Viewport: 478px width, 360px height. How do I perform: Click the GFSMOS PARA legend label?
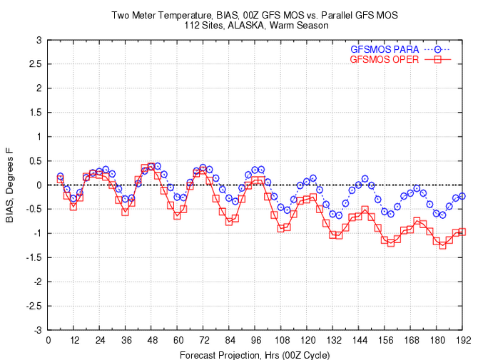pos(385,49)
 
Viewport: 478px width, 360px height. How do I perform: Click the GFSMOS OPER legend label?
pos(385,59)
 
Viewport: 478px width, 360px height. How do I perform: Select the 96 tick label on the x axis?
pos(255,341)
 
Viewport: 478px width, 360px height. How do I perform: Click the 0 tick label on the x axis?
pos(48,341)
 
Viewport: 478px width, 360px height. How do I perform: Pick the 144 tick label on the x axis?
pos(358,341)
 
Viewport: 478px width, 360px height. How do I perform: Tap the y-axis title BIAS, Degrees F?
pos(10,184)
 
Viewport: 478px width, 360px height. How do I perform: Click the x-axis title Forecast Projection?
pos(255,354)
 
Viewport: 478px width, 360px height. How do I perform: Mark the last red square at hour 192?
pos(462,232)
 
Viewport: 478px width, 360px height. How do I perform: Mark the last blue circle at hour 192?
pos(462,196)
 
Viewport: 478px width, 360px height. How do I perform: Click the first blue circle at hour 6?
pos(61,176)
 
